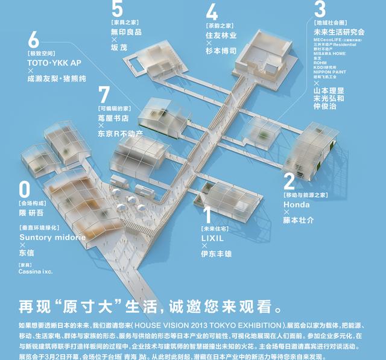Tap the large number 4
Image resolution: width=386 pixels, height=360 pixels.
point(212,12)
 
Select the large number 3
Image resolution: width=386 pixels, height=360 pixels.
point(320,8)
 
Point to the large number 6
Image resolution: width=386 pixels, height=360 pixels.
point(33,40)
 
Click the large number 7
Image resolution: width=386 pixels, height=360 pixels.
point(104,95)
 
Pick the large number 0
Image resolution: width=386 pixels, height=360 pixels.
point(24,189)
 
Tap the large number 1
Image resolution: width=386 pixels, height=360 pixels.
point(207,215)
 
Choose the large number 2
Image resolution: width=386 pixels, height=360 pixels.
point(289,180)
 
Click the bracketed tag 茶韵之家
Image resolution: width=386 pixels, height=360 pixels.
point(219,26)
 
